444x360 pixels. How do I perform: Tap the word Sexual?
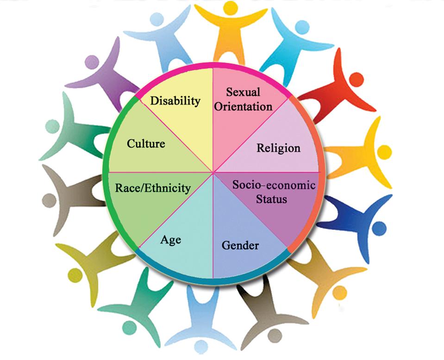(x=243, y=92)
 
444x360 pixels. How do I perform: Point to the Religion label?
(x=278, y=148)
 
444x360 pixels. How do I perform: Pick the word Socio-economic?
(x=274, y=185)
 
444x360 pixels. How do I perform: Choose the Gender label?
(x=240, y=245)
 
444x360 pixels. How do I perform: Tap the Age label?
(x=170, y=240)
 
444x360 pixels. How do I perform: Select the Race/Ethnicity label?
(x=153, y=188)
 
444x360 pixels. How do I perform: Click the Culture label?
(x=146, y=143)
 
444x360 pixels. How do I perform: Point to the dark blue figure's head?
(x=379, y=228)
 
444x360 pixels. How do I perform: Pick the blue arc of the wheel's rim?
(x=213, y=279)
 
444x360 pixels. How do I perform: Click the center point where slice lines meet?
(x=213, y=173)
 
